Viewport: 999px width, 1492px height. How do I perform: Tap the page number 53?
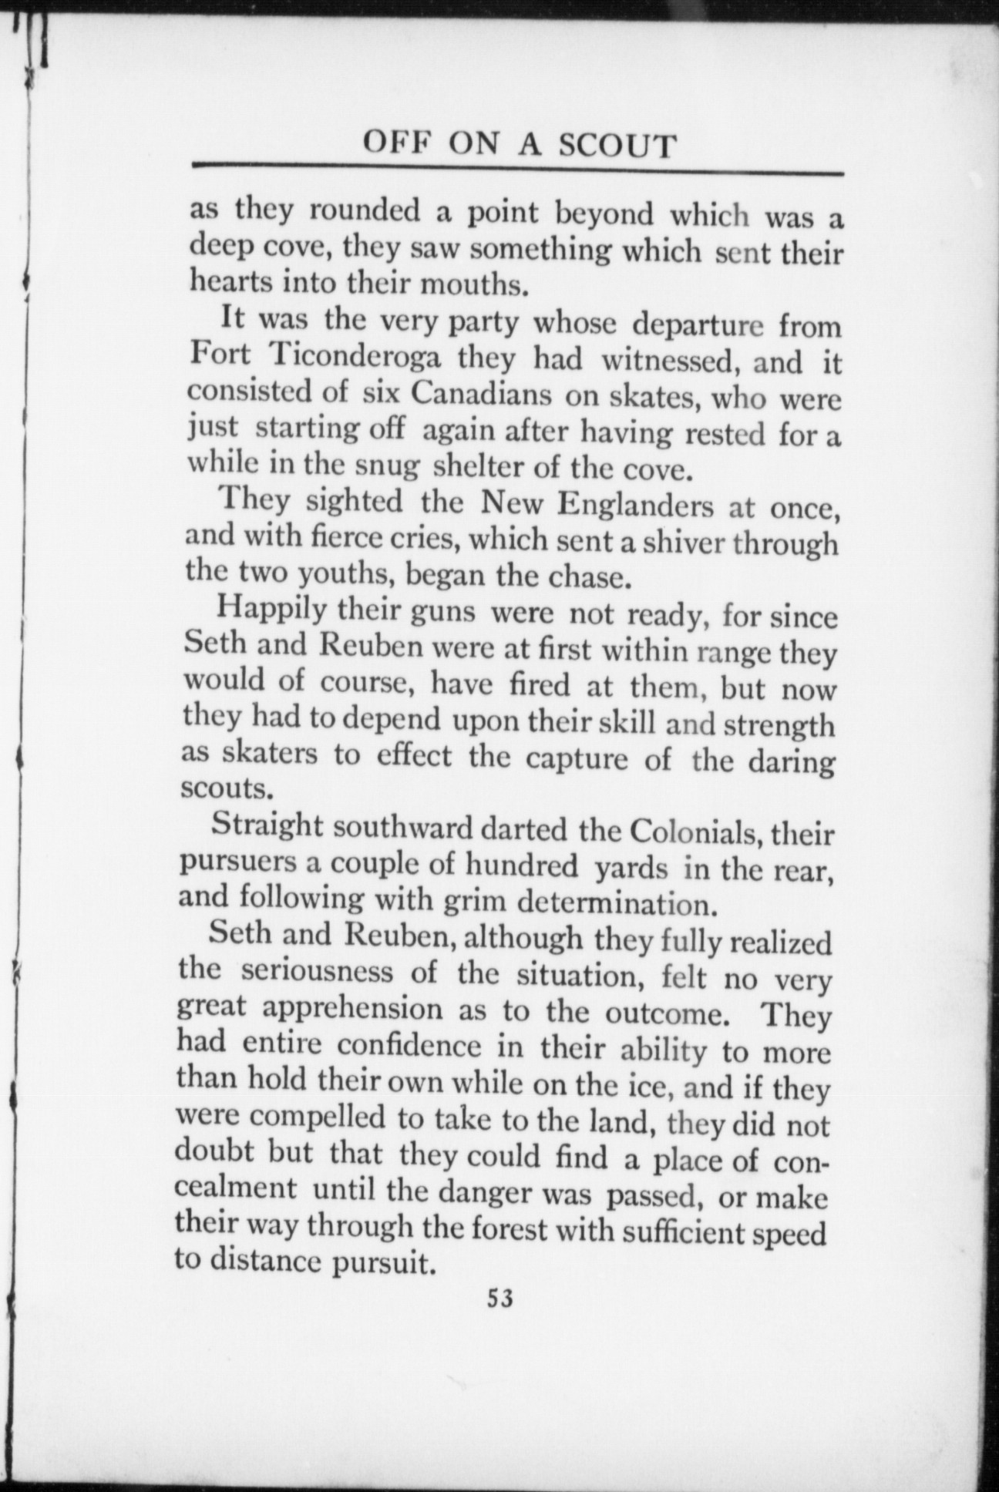click(499, 1298)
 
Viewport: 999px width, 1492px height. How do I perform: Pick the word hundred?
click(521, 865)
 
